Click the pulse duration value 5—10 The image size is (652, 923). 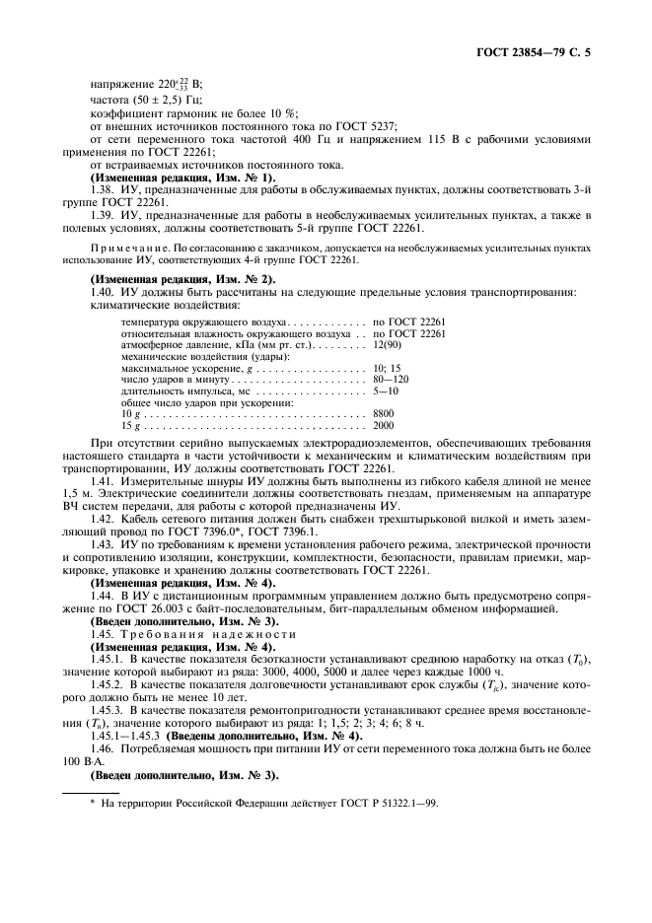pos(386,390)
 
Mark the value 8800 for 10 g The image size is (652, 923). pos(384,413)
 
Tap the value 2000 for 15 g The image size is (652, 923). pos(384,425)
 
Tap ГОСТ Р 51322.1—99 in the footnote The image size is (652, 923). pos(374,802)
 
